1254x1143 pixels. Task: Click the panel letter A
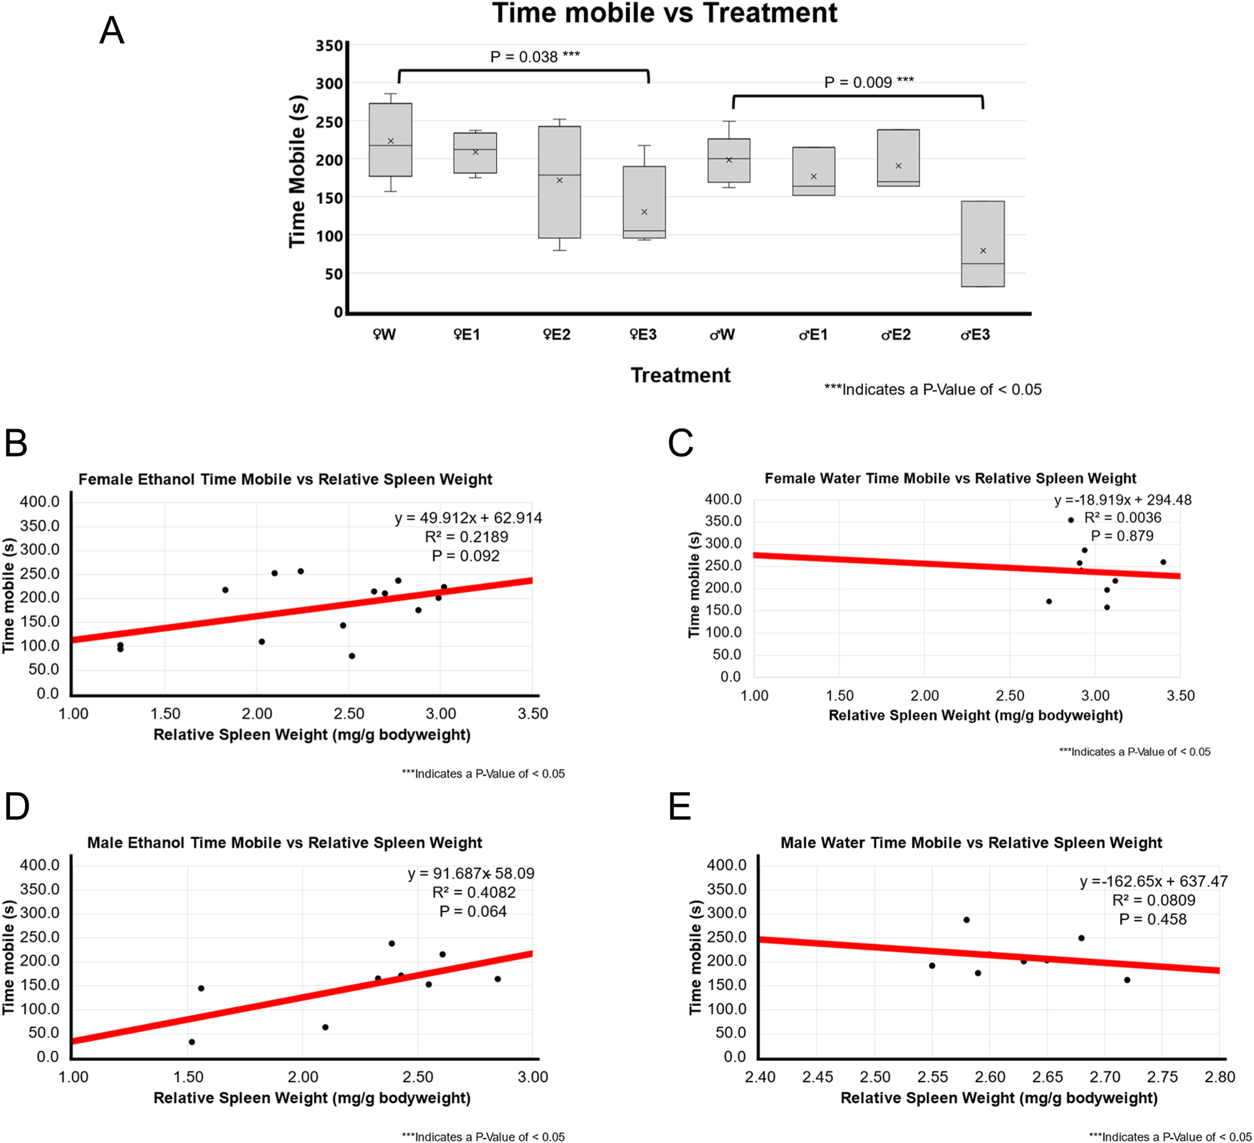coord(112,30)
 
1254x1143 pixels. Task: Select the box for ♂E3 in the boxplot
coord(982,244)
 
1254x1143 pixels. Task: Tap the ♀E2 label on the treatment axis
coord(556,335)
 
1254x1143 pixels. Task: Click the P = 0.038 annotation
coord(534,57)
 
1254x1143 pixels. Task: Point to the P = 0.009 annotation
coord(868,82)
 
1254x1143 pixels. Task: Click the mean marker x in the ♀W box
coord(390,141)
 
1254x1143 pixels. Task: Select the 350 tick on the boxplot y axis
coord(329,46)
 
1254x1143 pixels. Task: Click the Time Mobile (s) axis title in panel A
coord(297,171)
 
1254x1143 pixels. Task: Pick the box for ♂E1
coord(813,171)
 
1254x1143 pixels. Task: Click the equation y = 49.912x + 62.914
coord(468,518)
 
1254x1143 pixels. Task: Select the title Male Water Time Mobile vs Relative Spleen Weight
coord(971,843)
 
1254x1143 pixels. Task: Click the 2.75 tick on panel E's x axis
coord(1162,1077)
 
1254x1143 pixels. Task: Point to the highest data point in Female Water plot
coord(1070,520)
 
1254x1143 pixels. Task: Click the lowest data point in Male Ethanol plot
coord(192,1042)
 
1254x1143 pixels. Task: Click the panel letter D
coord(17,806)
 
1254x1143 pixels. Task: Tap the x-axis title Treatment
coord(680,375)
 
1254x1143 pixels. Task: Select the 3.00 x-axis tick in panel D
coord(532,1077)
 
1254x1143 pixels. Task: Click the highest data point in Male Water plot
coord(966,920)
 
